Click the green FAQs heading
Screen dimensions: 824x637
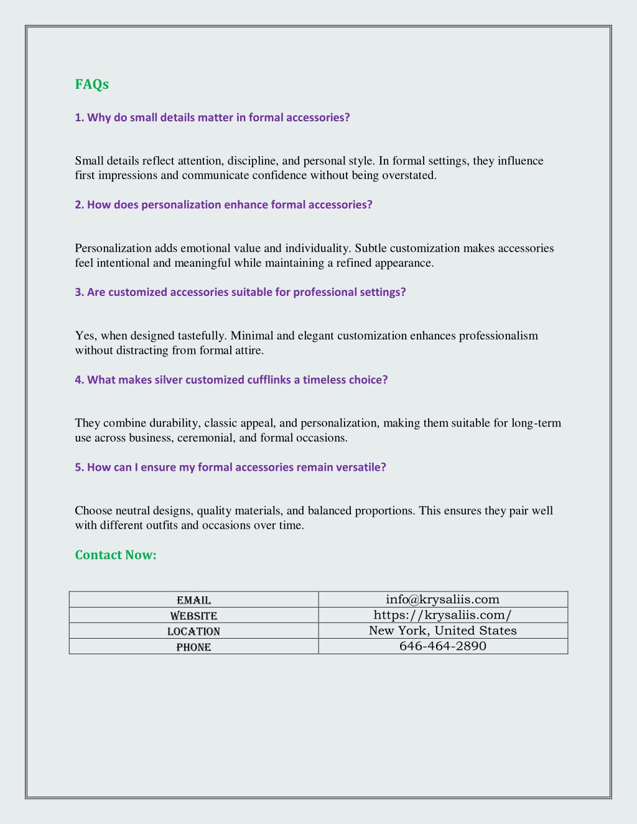click(x=91, y=85)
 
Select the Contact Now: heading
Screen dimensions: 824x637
click(x=116, y=555)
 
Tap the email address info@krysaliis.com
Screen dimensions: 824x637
click(x=442, y=599)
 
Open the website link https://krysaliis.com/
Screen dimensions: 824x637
click(x=442, y=615)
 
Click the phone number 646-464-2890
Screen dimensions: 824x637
click(x=442, y=646)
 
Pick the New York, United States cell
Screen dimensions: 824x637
click(x=442, y=631)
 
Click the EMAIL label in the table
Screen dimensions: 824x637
click(x=193, y=600)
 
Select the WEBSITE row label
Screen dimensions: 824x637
click(x=193, y=616)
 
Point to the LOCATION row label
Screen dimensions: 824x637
click(x=193, y=631)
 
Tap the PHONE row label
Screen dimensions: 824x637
click(x=193, y=647)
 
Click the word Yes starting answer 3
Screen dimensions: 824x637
click(x=85, y=336)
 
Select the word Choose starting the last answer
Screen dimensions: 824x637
click(x=93, y=511)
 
